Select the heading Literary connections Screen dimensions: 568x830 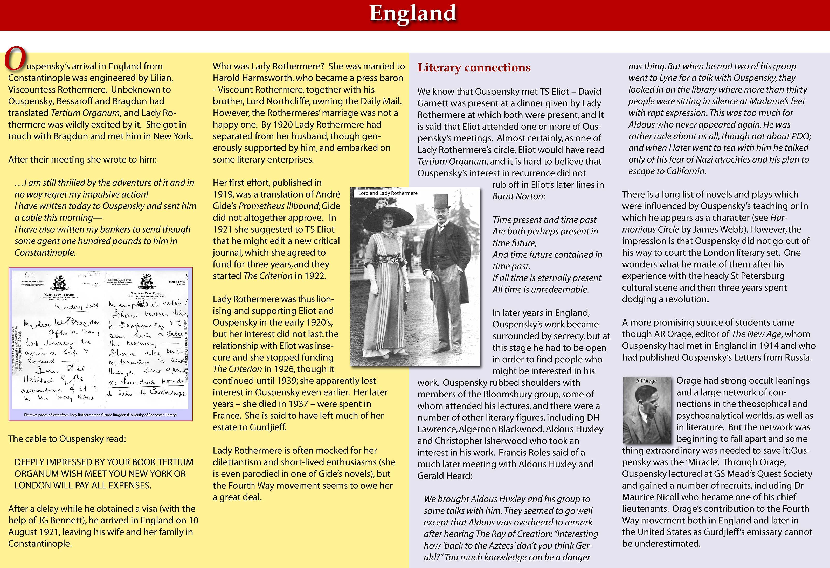click(474, 67)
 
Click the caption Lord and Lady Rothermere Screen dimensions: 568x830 click(388, 193)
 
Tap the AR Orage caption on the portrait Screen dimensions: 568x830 click(646, 381)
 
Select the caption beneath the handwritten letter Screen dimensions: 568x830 click(100, 415)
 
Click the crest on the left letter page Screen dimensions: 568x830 click(60, 283)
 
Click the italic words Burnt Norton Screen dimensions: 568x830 click(518, 196)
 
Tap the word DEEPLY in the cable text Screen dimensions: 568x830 click(29, 462)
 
